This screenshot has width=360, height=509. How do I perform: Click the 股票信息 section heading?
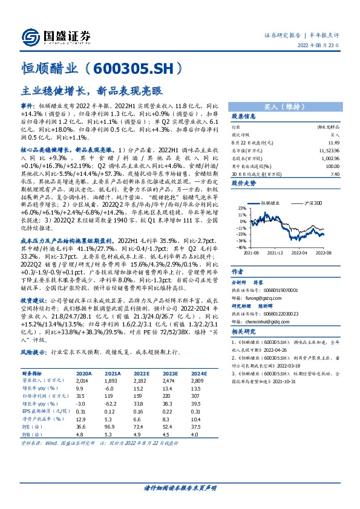pos(244,117)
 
